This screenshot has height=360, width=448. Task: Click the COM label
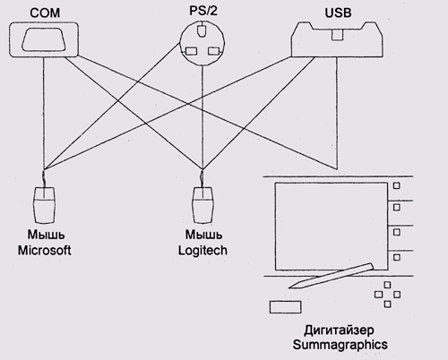(45, 13)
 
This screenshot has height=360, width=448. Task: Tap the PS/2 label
(203, 11)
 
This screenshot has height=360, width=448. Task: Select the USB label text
(338, 13)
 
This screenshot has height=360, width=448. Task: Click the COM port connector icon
(44, 39)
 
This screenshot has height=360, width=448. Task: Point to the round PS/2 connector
(202, 43)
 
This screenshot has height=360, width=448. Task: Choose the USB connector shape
(337, 39)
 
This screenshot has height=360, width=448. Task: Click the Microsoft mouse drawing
(45, 204)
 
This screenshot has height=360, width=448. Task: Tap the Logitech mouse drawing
(203, 204)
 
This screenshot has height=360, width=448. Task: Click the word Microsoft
(45, 250)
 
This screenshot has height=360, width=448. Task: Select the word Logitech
(202, 250)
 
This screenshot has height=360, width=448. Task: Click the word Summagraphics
(340, 345)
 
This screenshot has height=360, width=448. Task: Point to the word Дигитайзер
(339, 330)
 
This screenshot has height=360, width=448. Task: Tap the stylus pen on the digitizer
(332, 276)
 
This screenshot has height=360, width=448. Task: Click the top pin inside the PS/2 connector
(202, 30)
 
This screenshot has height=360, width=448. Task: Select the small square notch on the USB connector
(337, 35)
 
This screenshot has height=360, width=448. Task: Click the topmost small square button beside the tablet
(396, 185)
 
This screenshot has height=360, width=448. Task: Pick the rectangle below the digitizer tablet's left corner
(285, 307)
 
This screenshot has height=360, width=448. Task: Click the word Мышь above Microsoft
(46, 235)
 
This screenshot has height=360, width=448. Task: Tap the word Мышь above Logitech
(203, 235)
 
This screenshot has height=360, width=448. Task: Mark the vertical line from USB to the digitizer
(337, 113)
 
